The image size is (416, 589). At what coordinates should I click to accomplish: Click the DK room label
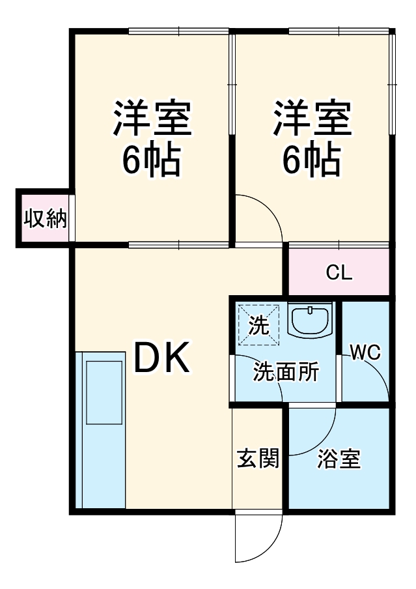[x=162, y=358]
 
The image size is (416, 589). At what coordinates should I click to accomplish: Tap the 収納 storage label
[x=45, y=218]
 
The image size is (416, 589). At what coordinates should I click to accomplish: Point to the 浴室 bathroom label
[x=339, y=459]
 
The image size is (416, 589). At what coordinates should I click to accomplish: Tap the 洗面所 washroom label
[x=286, y=372]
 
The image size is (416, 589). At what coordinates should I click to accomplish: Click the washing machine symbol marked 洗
[x=258, y=323]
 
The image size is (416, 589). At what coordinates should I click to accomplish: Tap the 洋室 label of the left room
[x=152, y=118]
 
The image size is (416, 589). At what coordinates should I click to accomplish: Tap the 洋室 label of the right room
[x=312, y=118]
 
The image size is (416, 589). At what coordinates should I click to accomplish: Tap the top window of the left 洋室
[x=178, y=31]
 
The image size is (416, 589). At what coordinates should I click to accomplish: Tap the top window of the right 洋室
[x=339, y=31]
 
